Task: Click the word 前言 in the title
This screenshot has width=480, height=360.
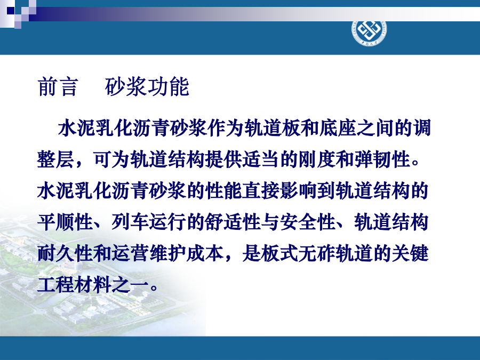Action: [x=58, y=87]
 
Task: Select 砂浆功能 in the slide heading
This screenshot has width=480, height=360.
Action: [x=147, y=87]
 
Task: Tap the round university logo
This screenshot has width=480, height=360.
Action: [x=369, y=32]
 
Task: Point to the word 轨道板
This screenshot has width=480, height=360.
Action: [x=272, y=127]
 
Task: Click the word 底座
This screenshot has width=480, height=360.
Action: [x=338, y=127]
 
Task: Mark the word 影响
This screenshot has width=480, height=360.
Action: [x=298, y=191]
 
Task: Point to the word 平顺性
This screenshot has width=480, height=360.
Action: [x=65, y=222]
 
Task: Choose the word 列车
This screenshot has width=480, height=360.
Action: [x=130, y=222]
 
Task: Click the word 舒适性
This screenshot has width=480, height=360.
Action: [x=233, y=222]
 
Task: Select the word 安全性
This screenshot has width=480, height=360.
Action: [x=307, y=222]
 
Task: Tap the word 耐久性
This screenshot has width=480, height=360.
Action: [x=65, y=254]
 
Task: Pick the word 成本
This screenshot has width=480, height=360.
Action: [x=205, y=254]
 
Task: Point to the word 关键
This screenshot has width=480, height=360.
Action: [x=410, y=254]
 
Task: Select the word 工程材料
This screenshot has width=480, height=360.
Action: [x=74, y=285]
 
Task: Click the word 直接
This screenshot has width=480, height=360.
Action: [x=261, y=191]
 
